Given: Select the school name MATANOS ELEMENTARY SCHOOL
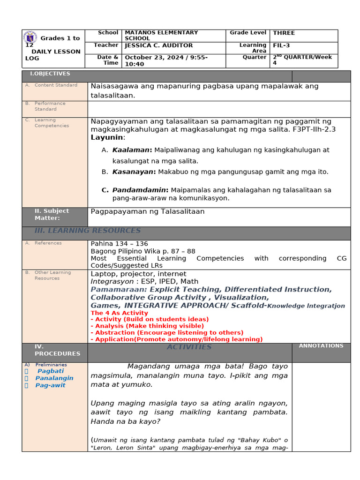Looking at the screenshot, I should click(161, 36).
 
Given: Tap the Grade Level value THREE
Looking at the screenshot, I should click(284, 33).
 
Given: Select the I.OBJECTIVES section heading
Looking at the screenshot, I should click(50, 74).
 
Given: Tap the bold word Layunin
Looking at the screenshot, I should click(107, 137).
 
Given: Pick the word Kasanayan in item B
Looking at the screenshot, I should click(133, 172).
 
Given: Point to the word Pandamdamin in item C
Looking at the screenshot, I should click(139, 190).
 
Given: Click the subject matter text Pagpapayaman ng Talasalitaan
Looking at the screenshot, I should click(148, 211).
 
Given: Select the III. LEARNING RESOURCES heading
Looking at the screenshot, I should click(88, 231).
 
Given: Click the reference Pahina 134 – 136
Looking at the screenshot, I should click(119, 244).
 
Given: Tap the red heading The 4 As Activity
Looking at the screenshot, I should click(120, 313).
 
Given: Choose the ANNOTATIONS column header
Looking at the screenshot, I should click(321, 346).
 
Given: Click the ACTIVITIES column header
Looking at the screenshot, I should click(189, 347).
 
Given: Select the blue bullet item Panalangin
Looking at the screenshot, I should click(54, 378).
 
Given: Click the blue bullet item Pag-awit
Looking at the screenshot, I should click(50, 385).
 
